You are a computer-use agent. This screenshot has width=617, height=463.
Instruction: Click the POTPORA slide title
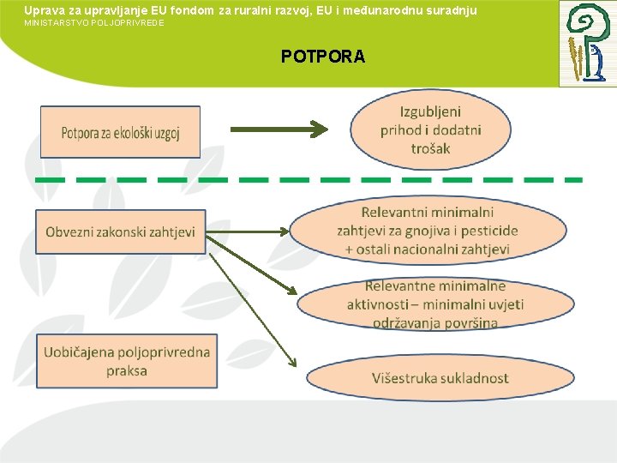point(323,57)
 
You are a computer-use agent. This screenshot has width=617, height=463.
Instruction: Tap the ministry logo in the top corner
point(587,43)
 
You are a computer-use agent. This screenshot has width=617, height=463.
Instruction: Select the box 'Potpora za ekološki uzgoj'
point(120,132)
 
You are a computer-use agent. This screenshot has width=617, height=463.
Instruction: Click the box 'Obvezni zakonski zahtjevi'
point(121,231)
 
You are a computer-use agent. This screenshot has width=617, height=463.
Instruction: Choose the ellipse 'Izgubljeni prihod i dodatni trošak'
point(430,130)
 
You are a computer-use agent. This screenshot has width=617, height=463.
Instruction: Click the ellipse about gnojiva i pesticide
point(428,231)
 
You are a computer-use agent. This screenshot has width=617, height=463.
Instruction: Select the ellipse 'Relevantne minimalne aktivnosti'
point(435,304)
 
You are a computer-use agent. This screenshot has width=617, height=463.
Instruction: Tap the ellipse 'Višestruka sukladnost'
point(440,378)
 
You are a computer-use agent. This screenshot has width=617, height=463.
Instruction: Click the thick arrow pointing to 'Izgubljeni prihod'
point(279,129)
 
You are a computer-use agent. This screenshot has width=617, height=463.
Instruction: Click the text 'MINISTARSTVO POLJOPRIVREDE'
point(94,22)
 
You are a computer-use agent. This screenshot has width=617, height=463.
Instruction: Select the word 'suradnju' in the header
point(449,9)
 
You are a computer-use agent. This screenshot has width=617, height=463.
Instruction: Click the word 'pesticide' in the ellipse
point(489,231)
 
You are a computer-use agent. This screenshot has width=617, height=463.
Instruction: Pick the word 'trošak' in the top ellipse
point(430,148)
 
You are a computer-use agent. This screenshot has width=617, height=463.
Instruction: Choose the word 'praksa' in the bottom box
point(127,371)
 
